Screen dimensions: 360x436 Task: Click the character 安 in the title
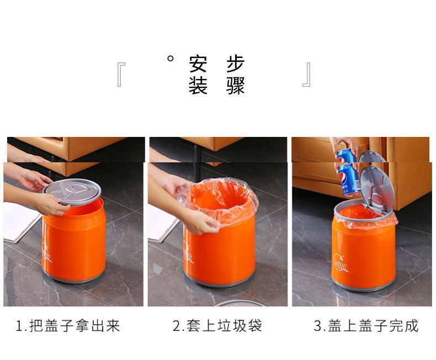(x=198, y=64)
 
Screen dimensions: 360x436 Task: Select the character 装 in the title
(x=198, y=86)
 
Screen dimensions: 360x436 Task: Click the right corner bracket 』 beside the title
(x=307, y=75)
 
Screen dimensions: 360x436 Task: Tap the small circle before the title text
(x=171, y=58)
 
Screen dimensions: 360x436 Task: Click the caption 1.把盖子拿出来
(x=68, y=326)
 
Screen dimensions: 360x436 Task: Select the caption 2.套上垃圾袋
(x=217, y=326)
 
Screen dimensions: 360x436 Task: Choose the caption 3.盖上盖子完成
(x=366, y=326)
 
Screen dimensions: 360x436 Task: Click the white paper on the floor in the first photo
(x=19, y=221)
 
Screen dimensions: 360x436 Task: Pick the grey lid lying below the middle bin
(x=236, y=303)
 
